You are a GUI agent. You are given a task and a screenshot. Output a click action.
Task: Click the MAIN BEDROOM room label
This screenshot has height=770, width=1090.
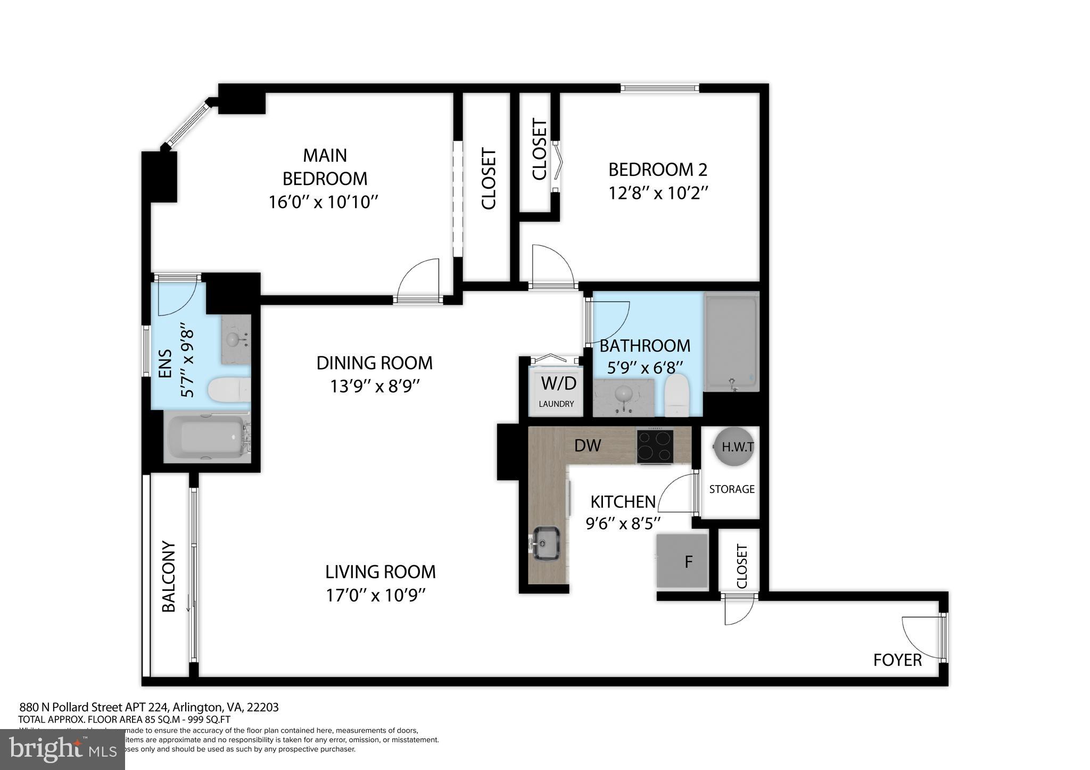325,166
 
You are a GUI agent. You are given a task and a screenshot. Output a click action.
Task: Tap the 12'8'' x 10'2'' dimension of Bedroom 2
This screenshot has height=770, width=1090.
658,192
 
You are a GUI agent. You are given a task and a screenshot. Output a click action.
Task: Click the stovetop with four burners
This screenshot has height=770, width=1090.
655,446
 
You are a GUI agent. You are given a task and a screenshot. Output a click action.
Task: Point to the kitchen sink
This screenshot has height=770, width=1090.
546,542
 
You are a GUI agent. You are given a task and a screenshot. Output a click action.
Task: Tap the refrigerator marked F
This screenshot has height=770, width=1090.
683,562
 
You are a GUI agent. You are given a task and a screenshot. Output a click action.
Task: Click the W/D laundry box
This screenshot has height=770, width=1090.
556,390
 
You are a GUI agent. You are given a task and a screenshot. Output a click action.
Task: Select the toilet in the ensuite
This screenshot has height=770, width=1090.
229,390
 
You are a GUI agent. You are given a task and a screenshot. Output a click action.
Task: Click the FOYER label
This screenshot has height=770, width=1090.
897,660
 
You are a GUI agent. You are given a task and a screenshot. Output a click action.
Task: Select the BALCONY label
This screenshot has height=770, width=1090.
169,576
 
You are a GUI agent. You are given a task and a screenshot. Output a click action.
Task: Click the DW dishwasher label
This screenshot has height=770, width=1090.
588,446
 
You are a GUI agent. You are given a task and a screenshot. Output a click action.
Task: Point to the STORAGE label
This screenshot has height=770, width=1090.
732,489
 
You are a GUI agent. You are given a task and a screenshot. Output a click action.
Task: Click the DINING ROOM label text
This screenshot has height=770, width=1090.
374,363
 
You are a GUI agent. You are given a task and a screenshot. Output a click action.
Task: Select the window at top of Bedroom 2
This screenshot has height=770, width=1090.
659,89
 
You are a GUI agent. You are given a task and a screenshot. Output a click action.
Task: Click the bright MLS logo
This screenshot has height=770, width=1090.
63,750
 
